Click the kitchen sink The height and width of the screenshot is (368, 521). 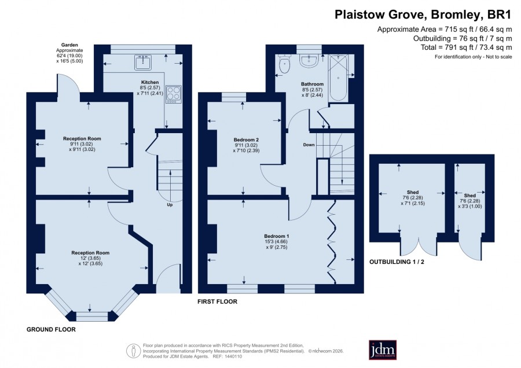[x=143, y=62]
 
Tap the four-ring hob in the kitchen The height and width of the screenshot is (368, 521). [x=174, y=94]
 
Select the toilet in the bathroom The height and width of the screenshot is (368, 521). [x=284, y=64]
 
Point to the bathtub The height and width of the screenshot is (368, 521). [x=338, y=78]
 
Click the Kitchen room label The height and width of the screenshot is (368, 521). [x=150, y=82]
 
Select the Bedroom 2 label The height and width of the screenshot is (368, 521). [x=246, y=140]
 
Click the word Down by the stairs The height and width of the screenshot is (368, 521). [x=309, y=145]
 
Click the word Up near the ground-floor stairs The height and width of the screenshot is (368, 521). [x=170, y=205]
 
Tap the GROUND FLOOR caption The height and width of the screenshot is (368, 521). [x=51, y=329]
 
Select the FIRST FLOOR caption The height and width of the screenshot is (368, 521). [x=217, y=301]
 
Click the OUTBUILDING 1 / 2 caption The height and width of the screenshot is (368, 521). [x=397, y=262]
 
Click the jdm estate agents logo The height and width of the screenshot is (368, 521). [x=383, y=349]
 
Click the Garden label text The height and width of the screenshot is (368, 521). [x=69, y=45]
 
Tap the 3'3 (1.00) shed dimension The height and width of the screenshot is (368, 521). [x=470, y=206]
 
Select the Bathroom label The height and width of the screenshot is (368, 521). [x=313, y=84]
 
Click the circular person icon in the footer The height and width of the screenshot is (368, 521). [x=134, y=351]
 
